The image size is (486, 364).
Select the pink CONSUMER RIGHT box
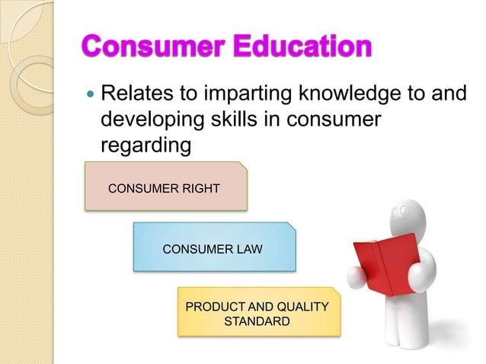pyautogui.click(x=165, y=185)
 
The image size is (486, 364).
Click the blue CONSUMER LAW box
pyautogui.click(x=213, y=247)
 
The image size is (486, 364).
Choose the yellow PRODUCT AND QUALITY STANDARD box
pyautogui.click(x=257, y=312)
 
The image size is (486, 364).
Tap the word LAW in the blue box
pyautogui.click(x=248, y=247)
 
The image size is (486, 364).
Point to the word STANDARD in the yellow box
pyautogui.click(x=257, y=321)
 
